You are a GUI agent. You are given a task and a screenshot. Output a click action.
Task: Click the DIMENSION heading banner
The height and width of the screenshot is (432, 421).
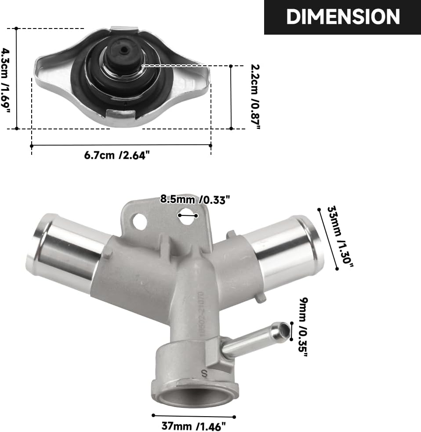342,17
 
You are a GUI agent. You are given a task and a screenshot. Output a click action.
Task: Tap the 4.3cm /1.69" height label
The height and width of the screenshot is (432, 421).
6,80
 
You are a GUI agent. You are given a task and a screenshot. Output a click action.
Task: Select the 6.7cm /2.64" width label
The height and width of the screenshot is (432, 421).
117,155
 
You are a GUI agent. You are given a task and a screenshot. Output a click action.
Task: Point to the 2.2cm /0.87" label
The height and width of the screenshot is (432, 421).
256,96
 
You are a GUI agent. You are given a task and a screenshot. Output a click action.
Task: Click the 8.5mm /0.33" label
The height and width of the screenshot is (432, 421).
195,200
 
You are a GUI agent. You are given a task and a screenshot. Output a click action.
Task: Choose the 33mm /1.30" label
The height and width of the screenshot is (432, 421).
340,237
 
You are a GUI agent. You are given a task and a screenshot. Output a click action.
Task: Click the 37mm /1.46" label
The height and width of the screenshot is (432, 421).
193,426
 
